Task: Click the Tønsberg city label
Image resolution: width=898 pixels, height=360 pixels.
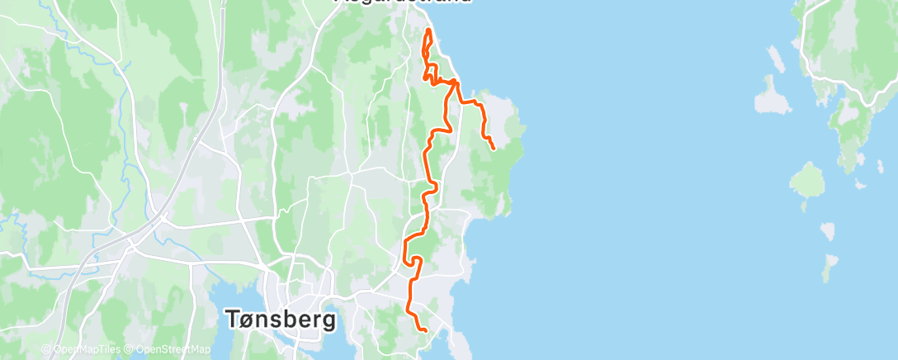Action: (x=281, y=319)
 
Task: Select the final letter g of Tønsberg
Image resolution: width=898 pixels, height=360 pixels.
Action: (x=328, y=322)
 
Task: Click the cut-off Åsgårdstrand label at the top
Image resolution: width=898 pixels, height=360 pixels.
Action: (x=404, y=2)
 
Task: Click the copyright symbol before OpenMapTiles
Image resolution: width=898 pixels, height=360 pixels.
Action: (x=45, y=349)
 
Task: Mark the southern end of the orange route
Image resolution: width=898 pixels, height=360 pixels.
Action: (x=425, y=330)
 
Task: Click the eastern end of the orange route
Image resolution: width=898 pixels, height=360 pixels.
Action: (x=493, y=148)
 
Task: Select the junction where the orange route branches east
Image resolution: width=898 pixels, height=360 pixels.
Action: (x=455, y=82)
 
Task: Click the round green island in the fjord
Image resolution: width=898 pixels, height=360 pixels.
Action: (x=807, y=178)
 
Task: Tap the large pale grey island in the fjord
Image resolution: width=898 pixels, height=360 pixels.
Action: (x=772, y=98)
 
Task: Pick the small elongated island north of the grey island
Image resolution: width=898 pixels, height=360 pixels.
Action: (x=775, y=58)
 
